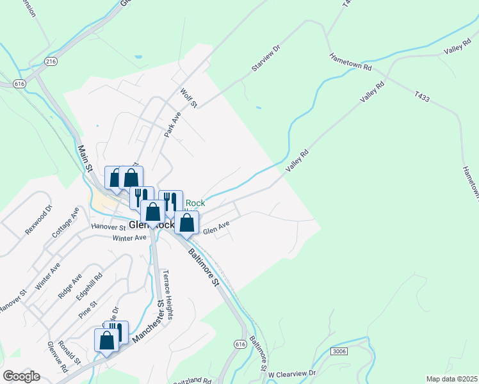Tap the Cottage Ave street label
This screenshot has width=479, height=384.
pyautogui.click(x=65, y=223)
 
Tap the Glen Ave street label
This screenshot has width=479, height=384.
pyautogui.click(x=216, y=227)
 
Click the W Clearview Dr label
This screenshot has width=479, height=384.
pyautogui.click(x=292, y=373)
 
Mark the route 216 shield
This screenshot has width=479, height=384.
pyautogui.click(x=51, y=61)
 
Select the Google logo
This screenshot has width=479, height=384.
pyautogui.click(x=21, y=376)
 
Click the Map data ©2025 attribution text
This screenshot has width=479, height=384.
pyautogui.click(x=451, y=379)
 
